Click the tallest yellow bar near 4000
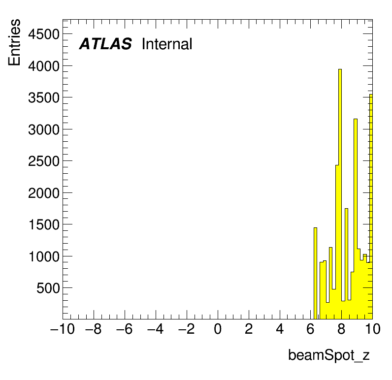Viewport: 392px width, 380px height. tap(340, 194)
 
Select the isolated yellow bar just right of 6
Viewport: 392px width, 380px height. tap(315, 273)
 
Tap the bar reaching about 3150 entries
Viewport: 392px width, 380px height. tap(356, 219)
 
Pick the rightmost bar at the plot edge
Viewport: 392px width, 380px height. tap(371, 207)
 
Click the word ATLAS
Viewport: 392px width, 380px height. tap(105, 44)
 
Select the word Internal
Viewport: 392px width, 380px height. tap(167, 44)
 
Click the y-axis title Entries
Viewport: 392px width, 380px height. tap(14, 42)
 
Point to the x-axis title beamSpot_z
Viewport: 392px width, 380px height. tap(329, 355)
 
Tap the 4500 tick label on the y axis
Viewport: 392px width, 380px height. tap(44, 34)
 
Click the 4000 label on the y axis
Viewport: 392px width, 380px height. tap(44, 66)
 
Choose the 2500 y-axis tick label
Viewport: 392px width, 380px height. tap(44, 161)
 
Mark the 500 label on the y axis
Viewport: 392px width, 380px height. tap(48, 288)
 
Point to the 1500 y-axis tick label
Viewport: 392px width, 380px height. tap(44, 224)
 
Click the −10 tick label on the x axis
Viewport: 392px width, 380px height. tap(63, 329)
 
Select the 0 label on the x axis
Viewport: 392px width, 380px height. tap(218, 329)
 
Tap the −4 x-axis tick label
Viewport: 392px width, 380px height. tap(156, 329)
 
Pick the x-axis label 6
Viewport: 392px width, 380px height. tap(311, 329)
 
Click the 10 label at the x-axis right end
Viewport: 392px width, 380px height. tap(372, 329)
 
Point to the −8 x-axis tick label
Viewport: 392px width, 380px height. tap(94, 329)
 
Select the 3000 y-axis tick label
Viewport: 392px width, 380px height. tap(44, 129)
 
